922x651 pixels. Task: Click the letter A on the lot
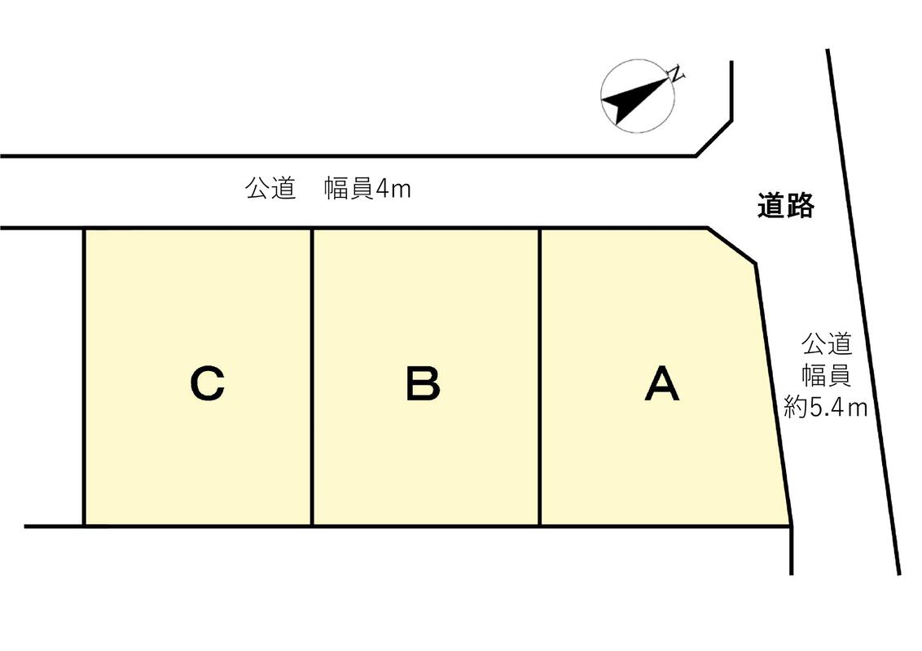[662, 383]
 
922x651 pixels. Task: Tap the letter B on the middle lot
[423, 383]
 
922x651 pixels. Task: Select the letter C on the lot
[208, 383]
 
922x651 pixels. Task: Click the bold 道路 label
[786, 206]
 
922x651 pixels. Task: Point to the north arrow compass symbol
[638, 96]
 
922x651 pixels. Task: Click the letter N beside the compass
[678, 73]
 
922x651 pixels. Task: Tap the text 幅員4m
[367, 189]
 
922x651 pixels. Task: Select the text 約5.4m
[826, 407]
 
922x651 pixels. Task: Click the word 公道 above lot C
[270, 189]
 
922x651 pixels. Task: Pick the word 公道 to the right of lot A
[826, 343]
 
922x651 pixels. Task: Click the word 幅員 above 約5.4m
[826, 375]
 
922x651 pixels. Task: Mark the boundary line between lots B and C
[312, 377]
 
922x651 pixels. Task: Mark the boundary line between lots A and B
[539, 377]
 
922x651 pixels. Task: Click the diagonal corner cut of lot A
[732, 245]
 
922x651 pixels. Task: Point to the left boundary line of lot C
[86, 377]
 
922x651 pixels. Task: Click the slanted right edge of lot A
[773, 395]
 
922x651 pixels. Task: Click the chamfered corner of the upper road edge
[713, 138]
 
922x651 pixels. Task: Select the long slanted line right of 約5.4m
[863, 312]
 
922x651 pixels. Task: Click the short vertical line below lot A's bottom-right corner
[792, 551]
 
